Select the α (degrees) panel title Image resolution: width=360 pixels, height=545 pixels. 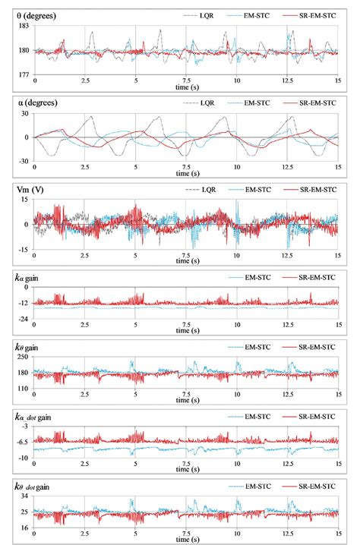[43, 101]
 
